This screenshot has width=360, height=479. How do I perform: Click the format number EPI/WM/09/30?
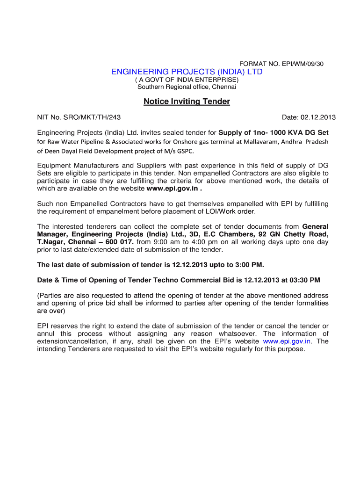301,63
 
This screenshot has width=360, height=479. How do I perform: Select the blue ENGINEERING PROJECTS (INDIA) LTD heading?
187,72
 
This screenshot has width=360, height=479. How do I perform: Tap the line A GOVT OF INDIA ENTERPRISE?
187,80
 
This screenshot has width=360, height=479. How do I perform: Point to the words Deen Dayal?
60,151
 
